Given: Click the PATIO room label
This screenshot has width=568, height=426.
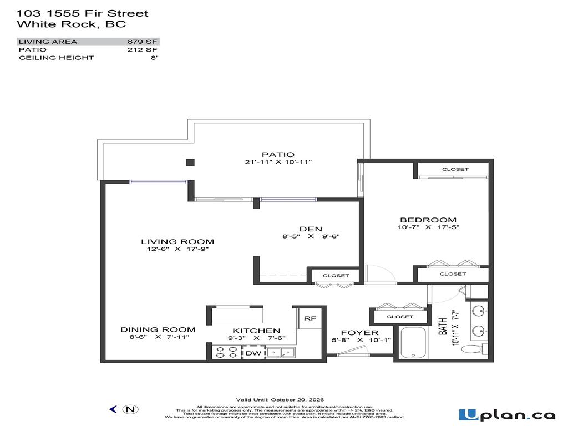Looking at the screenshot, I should (278, 154).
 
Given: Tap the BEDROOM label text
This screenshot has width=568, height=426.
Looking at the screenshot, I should (427, 220).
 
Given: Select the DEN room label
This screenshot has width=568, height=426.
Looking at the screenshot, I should (311, 229).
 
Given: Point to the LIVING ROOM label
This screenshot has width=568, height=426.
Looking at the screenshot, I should (177, 241).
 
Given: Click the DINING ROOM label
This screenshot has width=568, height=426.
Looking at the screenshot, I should (158, 329).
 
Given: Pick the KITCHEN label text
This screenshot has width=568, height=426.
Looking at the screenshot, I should (256, 331).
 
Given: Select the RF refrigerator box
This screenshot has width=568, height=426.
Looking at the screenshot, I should (310, 318).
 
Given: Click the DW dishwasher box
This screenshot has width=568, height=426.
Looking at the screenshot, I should (253, 353).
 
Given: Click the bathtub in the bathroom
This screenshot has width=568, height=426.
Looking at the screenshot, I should (412, 343).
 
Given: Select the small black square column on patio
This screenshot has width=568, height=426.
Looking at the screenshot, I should (190, 162).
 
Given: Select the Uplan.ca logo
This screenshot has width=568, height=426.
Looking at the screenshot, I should (506, 414).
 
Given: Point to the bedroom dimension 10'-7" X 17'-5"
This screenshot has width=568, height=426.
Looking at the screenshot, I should (428, 227).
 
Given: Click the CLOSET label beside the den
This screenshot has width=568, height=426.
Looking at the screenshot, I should (336, 276).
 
